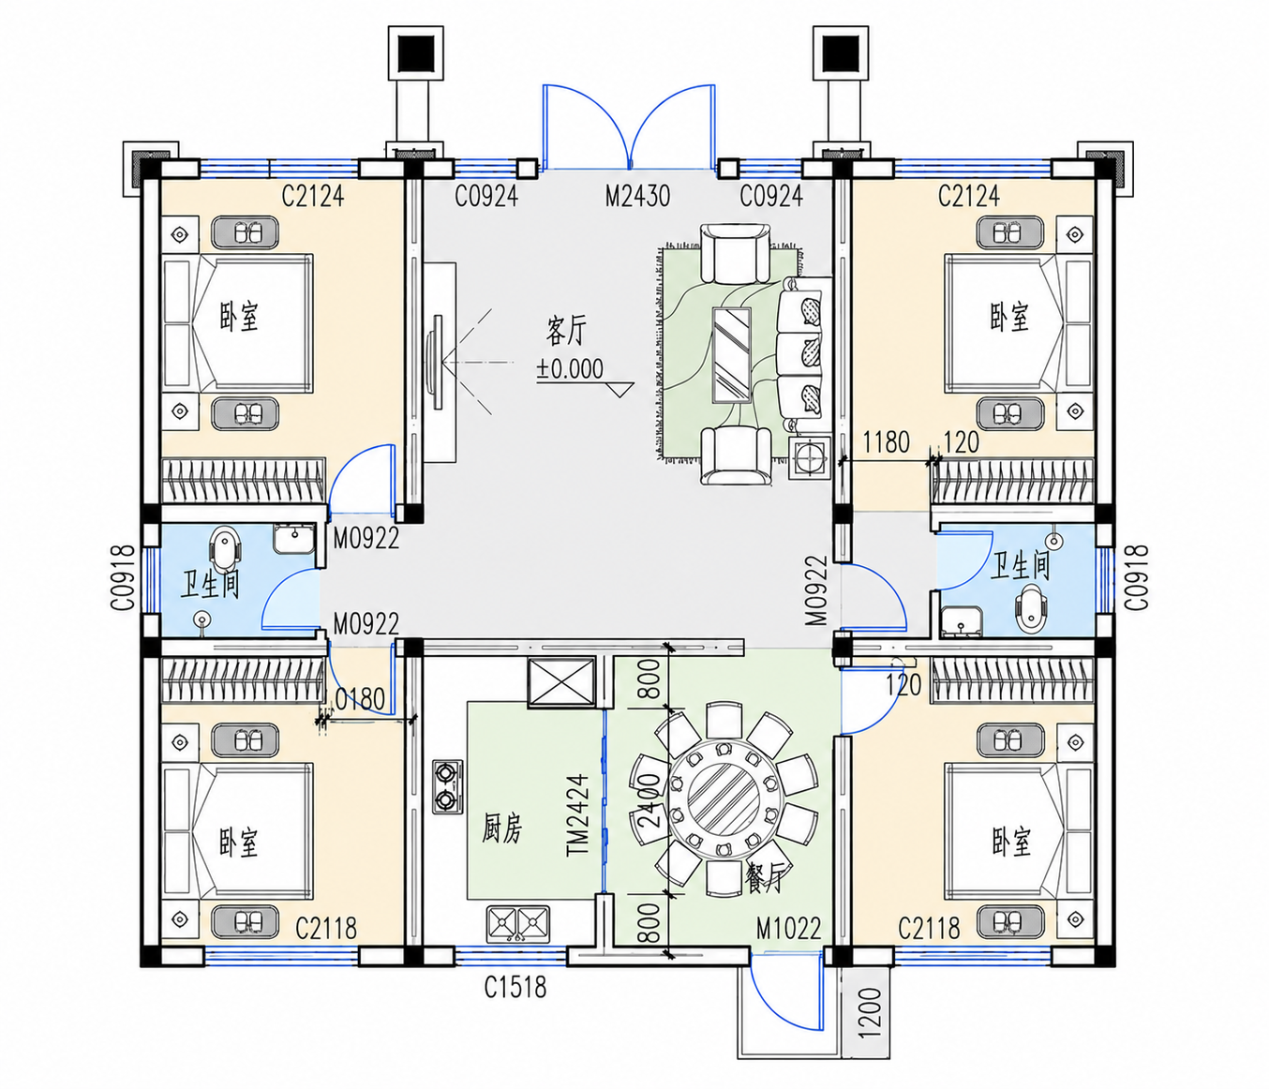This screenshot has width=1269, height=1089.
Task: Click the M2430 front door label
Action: pos(637,197)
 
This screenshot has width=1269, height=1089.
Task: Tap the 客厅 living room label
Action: pos(566,330)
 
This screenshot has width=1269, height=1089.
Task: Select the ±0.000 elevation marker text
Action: pos(571,369)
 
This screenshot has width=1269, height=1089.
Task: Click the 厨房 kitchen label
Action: pos(501,828)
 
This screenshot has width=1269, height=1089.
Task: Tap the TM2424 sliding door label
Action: pos(578,815)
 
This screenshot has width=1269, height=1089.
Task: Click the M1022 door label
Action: pos(788,928)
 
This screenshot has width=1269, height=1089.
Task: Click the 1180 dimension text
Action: pos(886,442)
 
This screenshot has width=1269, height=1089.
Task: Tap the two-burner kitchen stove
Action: pos(447,787)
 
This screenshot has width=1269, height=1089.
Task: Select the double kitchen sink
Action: pos(517,924)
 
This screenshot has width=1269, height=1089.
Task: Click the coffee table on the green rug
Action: pos(731,355)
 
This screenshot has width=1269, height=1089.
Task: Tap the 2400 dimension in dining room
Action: pos(645,800)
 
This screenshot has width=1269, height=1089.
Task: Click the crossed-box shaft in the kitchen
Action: pos(561,682)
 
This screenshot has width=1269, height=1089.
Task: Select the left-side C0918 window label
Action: pos(123,577)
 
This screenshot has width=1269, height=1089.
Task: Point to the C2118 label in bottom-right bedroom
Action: pos(929,928)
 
